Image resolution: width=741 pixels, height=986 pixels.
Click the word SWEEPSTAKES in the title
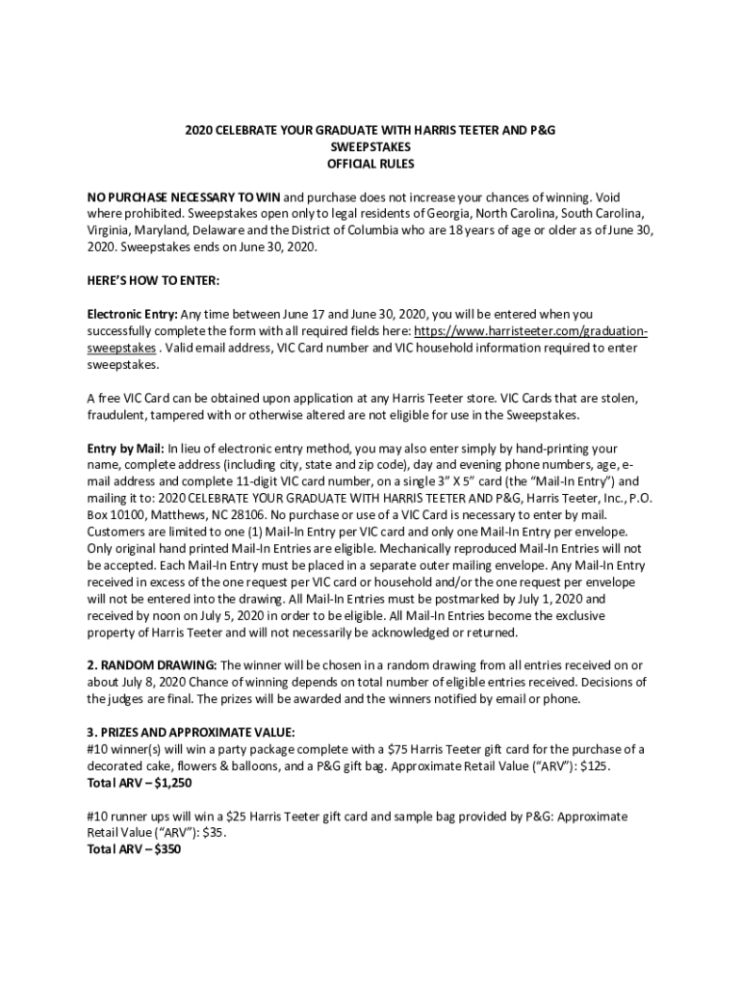click(370, 147)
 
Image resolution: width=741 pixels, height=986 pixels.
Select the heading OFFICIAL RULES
click(370, 164)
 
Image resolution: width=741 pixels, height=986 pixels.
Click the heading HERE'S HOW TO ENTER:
click(153, 280)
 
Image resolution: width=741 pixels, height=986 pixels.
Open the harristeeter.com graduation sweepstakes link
click(530, 331)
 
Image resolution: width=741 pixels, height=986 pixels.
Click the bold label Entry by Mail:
click(126, 449)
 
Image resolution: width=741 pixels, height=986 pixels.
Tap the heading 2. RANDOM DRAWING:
click(153, 664)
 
